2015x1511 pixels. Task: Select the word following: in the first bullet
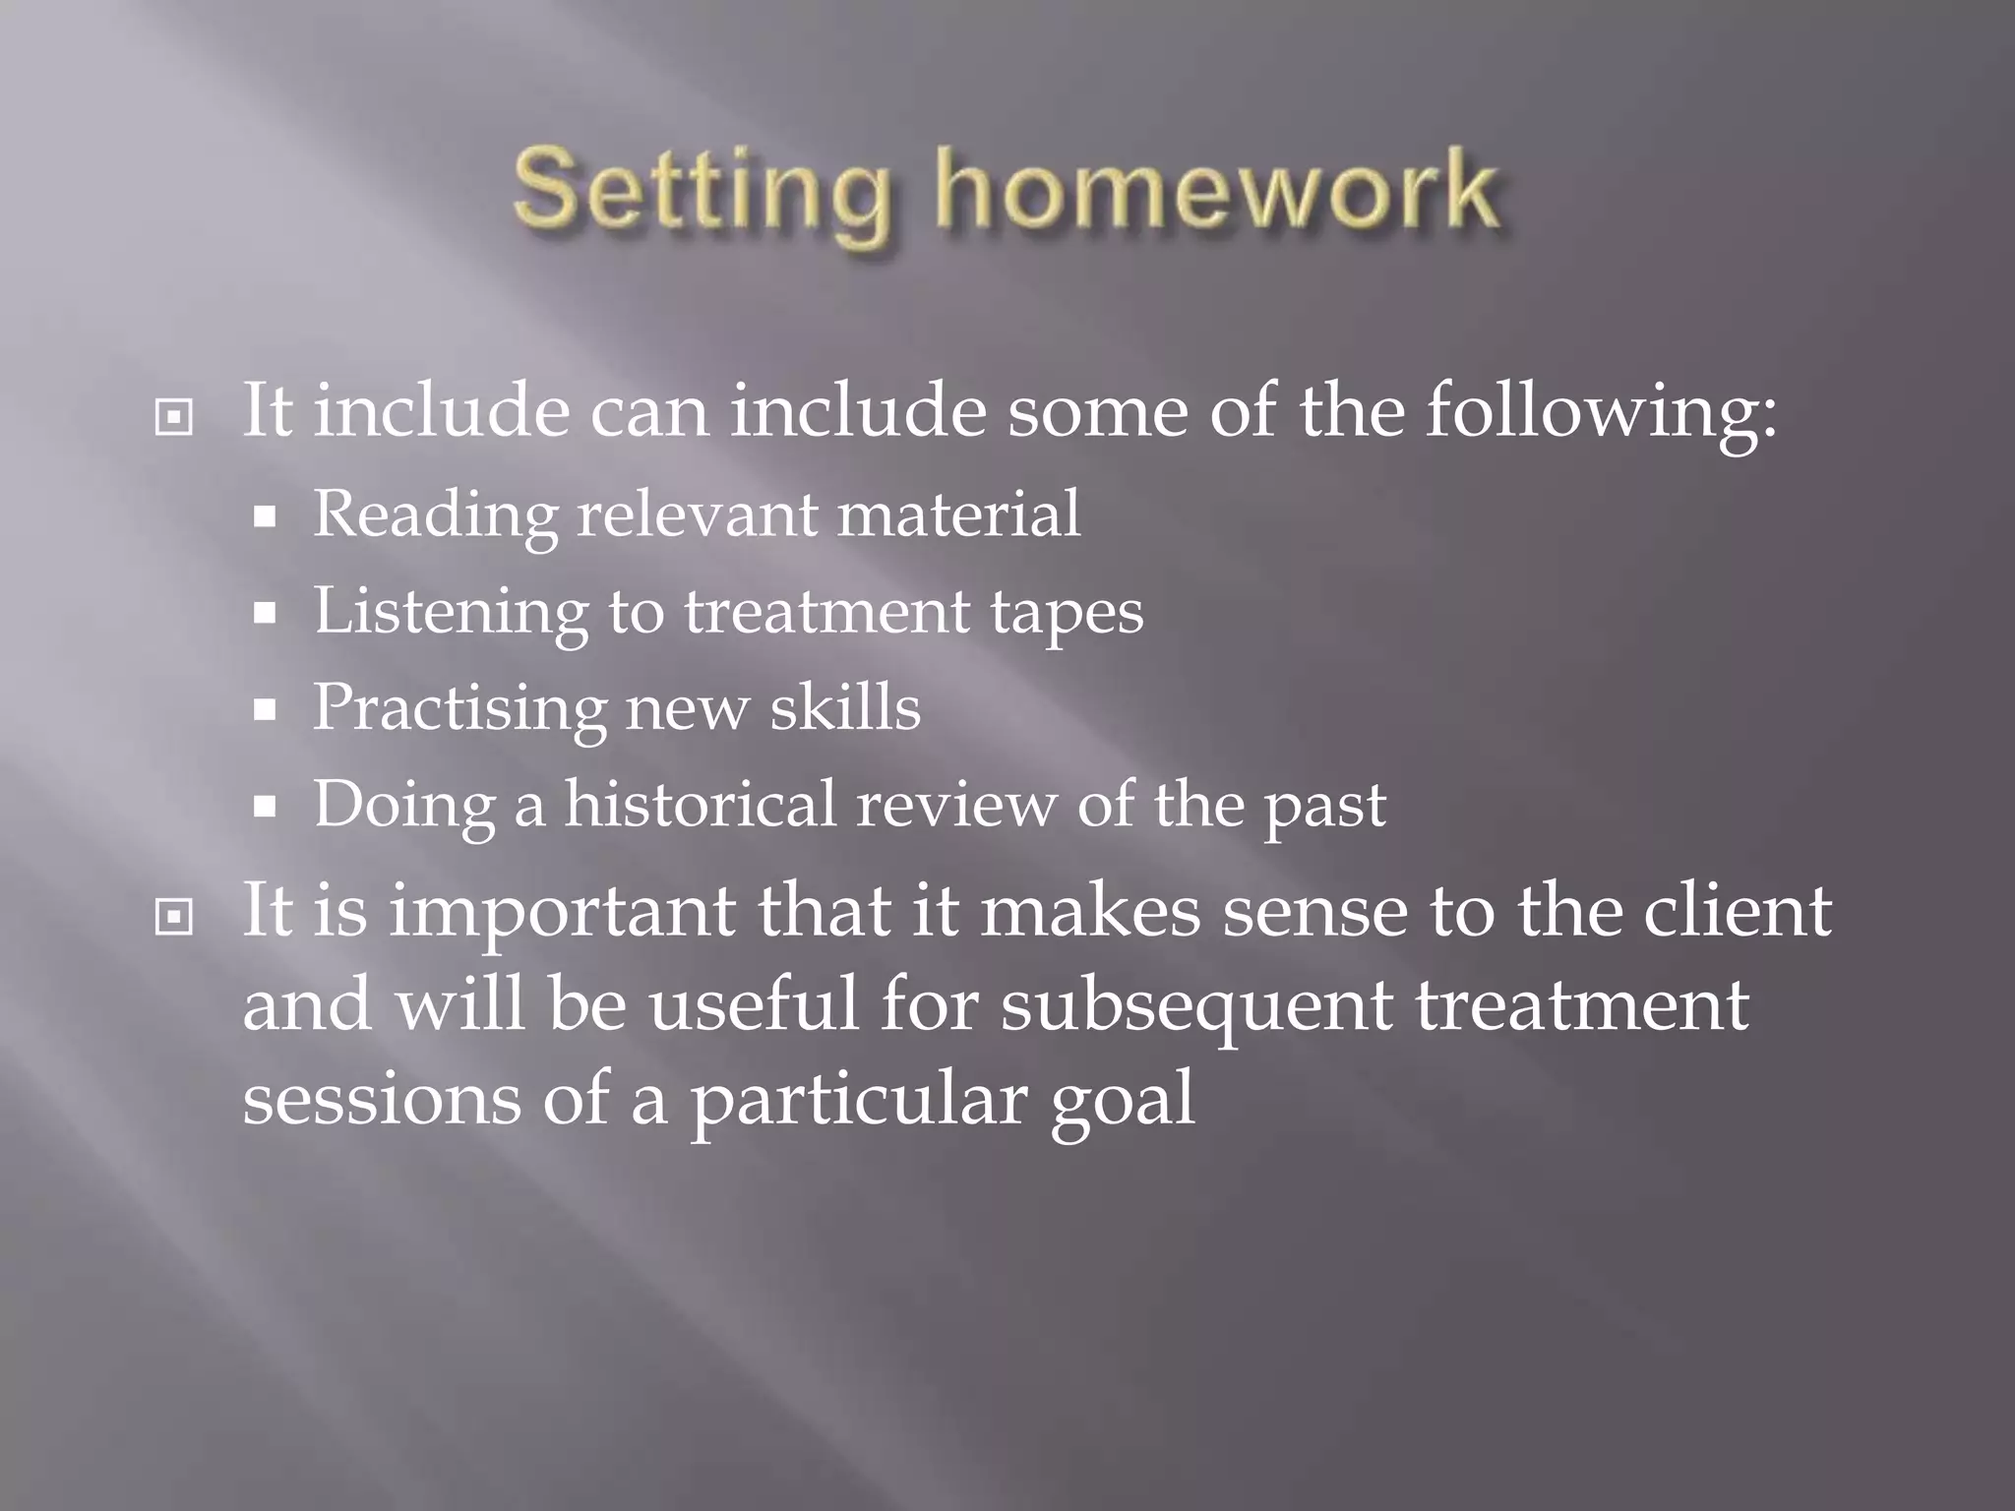(x=1601, y=411)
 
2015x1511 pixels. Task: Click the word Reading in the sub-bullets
(x=434, y=515)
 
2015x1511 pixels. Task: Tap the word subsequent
(x=1195, y=1007)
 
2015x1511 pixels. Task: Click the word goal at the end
(x=1122, y=1101)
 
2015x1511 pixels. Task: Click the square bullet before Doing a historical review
(x=264, y=807)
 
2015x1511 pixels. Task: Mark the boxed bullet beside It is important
(x=174, y=918)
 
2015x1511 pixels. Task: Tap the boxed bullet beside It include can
(x=174, y=418)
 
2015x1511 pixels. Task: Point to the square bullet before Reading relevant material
(x=264, y=517)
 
